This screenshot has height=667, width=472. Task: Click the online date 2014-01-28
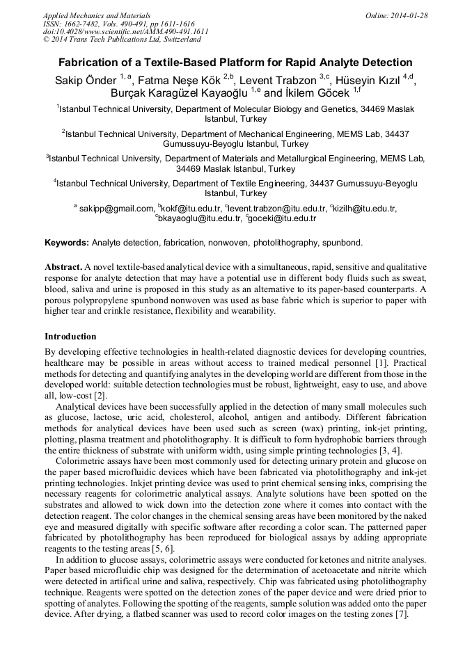pyautogui.click(x=410, y=15)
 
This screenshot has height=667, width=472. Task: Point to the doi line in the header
pyautogui.click(x=125, y=32)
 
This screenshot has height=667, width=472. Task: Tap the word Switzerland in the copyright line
pyautogui.click(x=178, y=40)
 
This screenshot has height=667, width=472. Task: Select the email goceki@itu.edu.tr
pyautogui.click(x=283, y=218)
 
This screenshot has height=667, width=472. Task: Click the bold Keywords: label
pyautogui.click(x=67, y=243)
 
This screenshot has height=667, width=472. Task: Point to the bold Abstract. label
pyautogui.click(x=63, y=267)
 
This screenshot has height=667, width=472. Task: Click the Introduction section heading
pyautogui.click(x=70, y=336)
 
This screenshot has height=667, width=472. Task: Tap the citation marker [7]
pyautogui.click(x=401, y=614)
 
